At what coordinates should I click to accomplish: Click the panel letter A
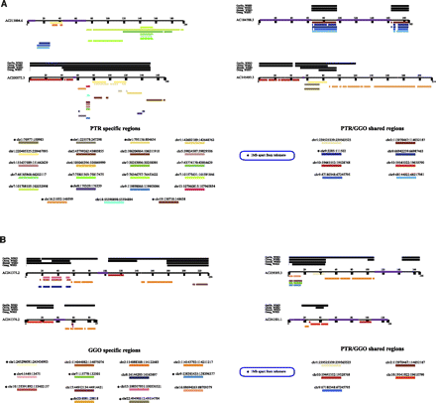point(4,4)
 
